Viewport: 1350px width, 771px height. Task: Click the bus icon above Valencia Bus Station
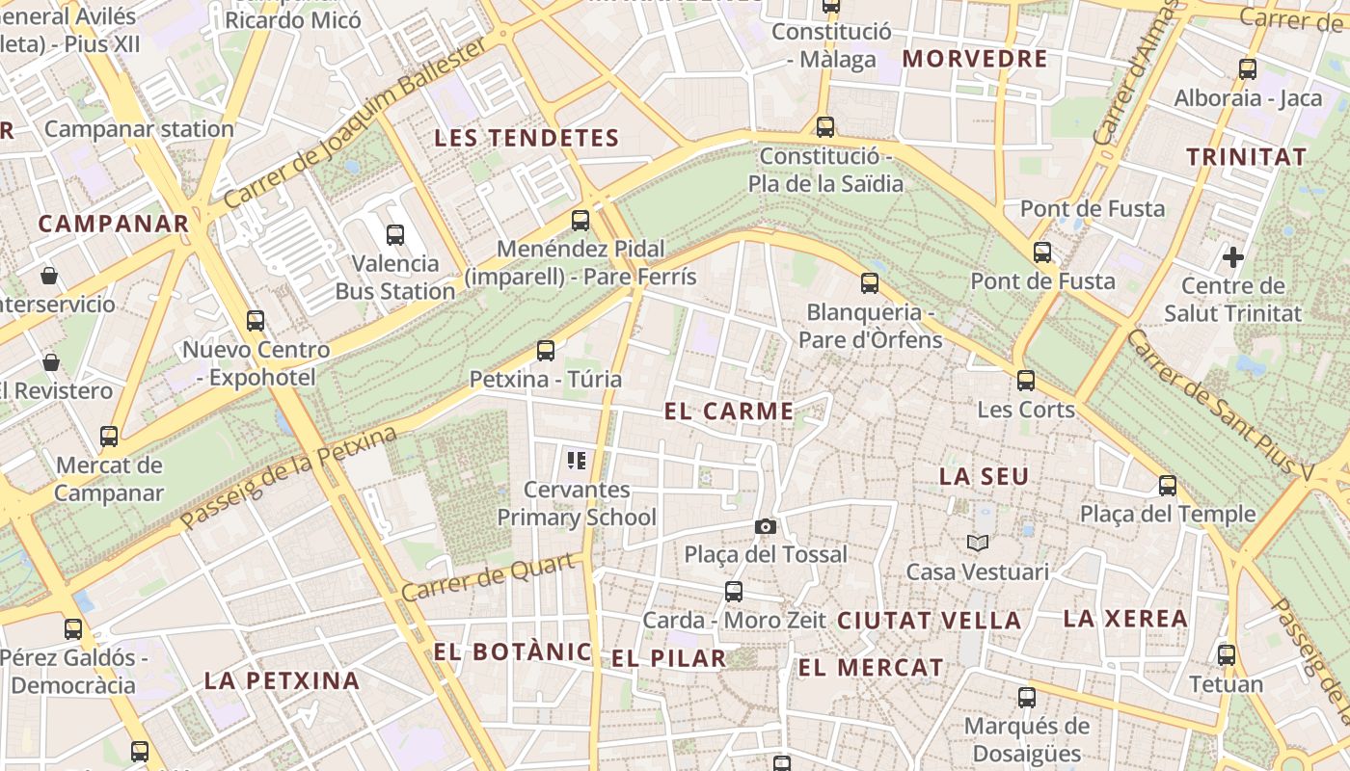point(394,234)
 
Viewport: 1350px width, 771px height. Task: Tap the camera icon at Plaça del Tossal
point(766,526)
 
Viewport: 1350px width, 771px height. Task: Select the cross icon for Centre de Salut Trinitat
point(1232,257)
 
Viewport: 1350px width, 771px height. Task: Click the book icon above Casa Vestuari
point(978,544)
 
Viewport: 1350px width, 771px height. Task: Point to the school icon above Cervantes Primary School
point(577,461)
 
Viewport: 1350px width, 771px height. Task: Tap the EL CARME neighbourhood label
point(729,412)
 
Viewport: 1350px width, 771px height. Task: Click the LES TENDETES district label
point(526,138)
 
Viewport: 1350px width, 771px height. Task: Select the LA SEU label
point(984,476)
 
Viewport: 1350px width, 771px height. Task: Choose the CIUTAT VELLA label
point(929,621)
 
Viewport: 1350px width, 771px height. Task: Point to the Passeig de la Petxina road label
point(289,477)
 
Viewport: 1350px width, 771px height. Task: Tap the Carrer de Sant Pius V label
point(1219,405)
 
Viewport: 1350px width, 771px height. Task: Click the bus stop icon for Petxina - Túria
point(546,351)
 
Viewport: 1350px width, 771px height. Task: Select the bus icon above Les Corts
point(1026,381)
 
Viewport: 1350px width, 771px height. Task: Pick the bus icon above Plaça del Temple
point(1168,485)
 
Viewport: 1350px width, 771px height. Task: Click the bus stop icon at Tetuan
point(1227,655)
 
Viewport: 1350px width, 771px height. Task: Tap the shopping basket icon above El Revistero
point(51,362)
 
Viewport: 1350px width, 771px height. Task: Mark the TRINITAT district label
point(1246,157)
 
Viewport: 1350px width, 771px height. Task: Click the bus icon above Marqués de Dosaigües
point(1027,698)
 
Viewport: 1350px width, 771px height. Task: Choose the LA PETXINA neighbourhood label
point(282,680)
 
